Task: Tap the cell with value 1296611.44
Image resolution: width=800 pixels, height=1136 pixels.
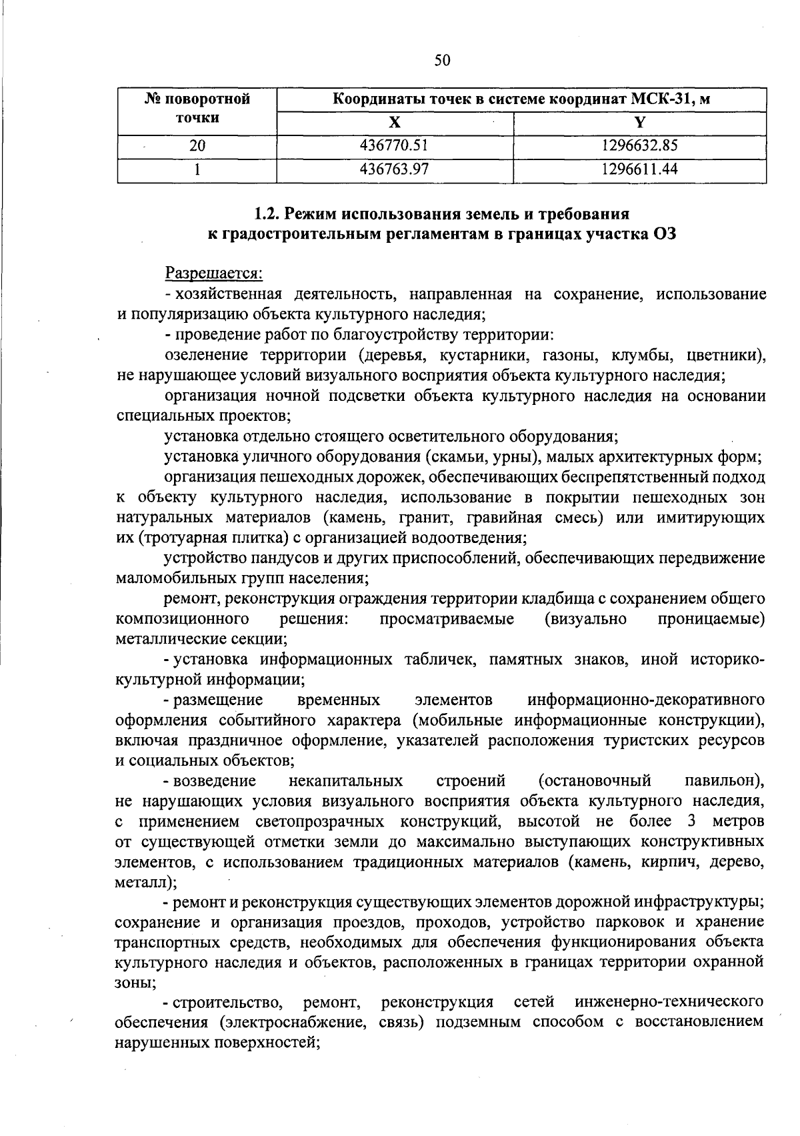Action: (639, 169)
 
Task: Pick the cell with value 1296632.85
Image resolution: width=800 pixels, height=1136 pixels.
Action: (639, 145)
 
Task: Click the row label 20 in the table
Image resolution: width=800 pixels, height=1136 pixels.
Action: (197, 145)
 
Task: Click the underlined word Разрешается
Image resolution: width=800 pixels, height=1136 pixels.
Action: (214, 273)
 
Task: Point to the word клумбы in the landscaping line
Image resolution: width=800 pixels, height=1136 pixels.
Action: (627, 354)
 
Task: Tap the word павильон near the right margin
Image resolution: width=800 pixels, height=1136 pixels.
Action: (723, 780)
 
